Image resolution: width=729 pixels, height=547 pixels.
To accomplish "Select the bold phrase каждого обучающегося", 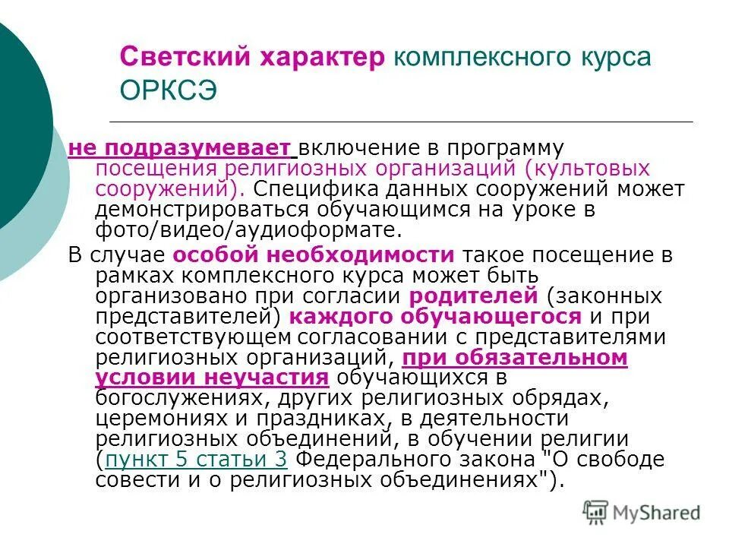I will click(435, 317).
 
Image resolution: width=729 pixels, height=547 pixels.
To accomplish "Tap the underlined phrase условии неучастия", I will click(212, 378).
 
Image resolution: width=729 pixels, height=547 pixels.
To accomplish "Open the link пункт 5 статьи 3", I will click(196, 460).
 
